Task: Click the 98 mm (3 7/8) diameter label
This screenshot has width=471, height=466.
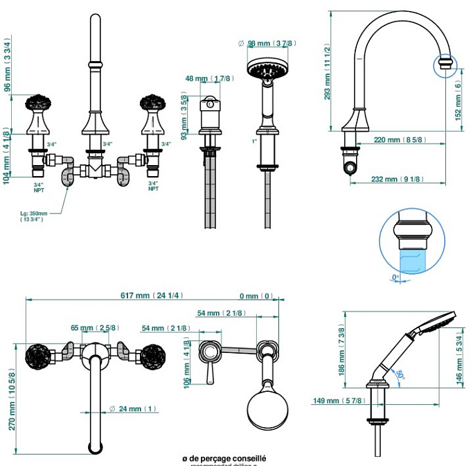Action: (x=272, y=43)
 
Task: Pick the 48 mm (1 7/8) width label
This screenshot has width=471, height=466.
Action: (x=208, y=79)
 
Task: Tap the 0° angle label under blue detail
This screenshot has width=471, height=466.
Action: (x=396, y=277)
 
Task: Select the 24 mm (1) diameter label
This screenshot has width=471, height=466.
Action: (x=137, y=409)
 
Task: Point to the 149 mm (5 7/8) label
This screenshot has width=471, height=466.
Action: (x=344, y=401)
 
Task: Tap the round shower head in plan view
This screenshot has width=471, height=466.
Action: (x=265, y=413)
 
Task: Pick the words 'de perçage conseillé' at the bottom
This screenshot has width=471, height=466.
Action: (x=228, y=458)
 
